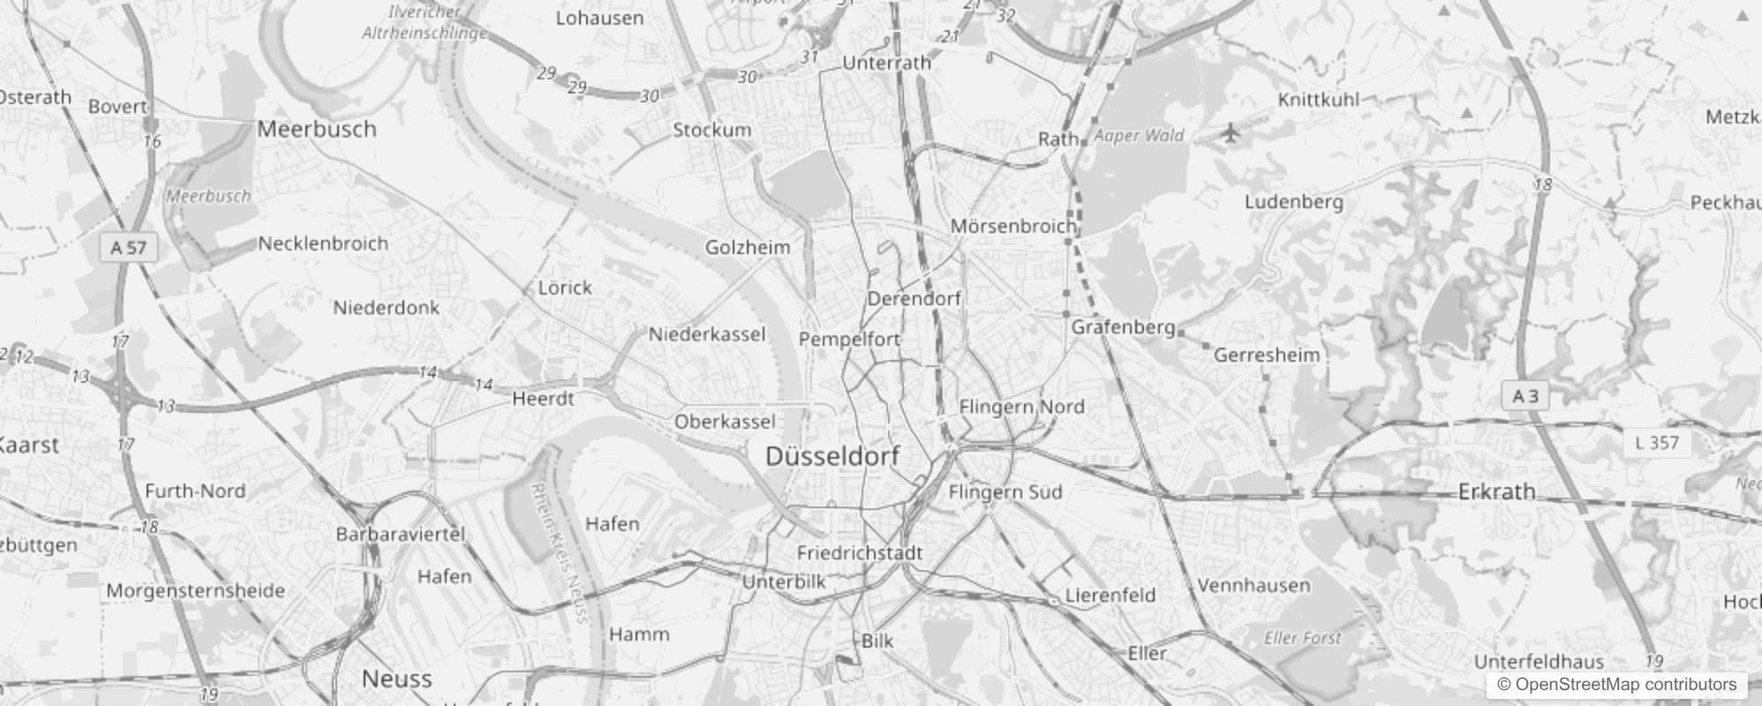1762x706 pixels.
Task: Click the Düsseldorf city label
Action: [x=832, y=456]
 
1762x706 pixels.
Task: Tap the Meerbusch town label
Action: [x=317, y=129]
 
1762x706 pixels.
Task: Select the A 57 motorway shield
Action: [x=129, y=248]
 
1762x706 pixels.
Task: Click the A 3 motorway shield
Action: [x=1525, y=396]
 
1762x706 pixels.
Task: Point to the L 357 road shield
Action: [x=1657, y=442]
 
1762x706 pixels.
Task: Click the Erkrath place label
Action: [x=1496, y=492]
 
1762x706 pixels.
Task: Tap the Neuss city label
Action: [x=396, y=679]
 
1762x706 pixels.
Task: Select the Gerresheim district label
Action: [x=1267, y=355]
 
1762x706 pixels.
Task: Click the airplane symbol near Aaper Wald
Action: [x=1231, y=133]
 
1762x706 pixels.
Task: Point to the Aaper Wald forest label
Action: [x=1139, y=136]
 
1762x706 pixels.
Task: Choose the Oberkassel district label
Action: [x=725, y=422]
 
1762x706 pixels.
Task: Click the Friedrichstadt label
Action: [x=860, y=553]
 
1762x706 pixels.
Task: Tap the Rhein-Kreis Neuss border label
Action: [x=559, y=552]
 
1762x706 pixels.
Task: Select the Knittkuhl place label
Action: [x=1319, y=100]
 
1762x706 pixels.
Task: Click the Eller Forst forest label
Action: [x=1303, y=637]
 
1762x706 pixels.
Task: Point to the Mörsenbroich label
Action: [x=1013, y=226]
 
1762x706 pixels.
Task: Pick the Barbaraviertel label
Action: [x=400, y=534]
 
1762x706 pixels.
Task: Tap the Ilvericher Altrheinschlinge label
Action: [x=425, y=23]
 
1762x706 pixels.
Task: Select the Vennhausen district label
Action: [x=1254, y=585]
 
